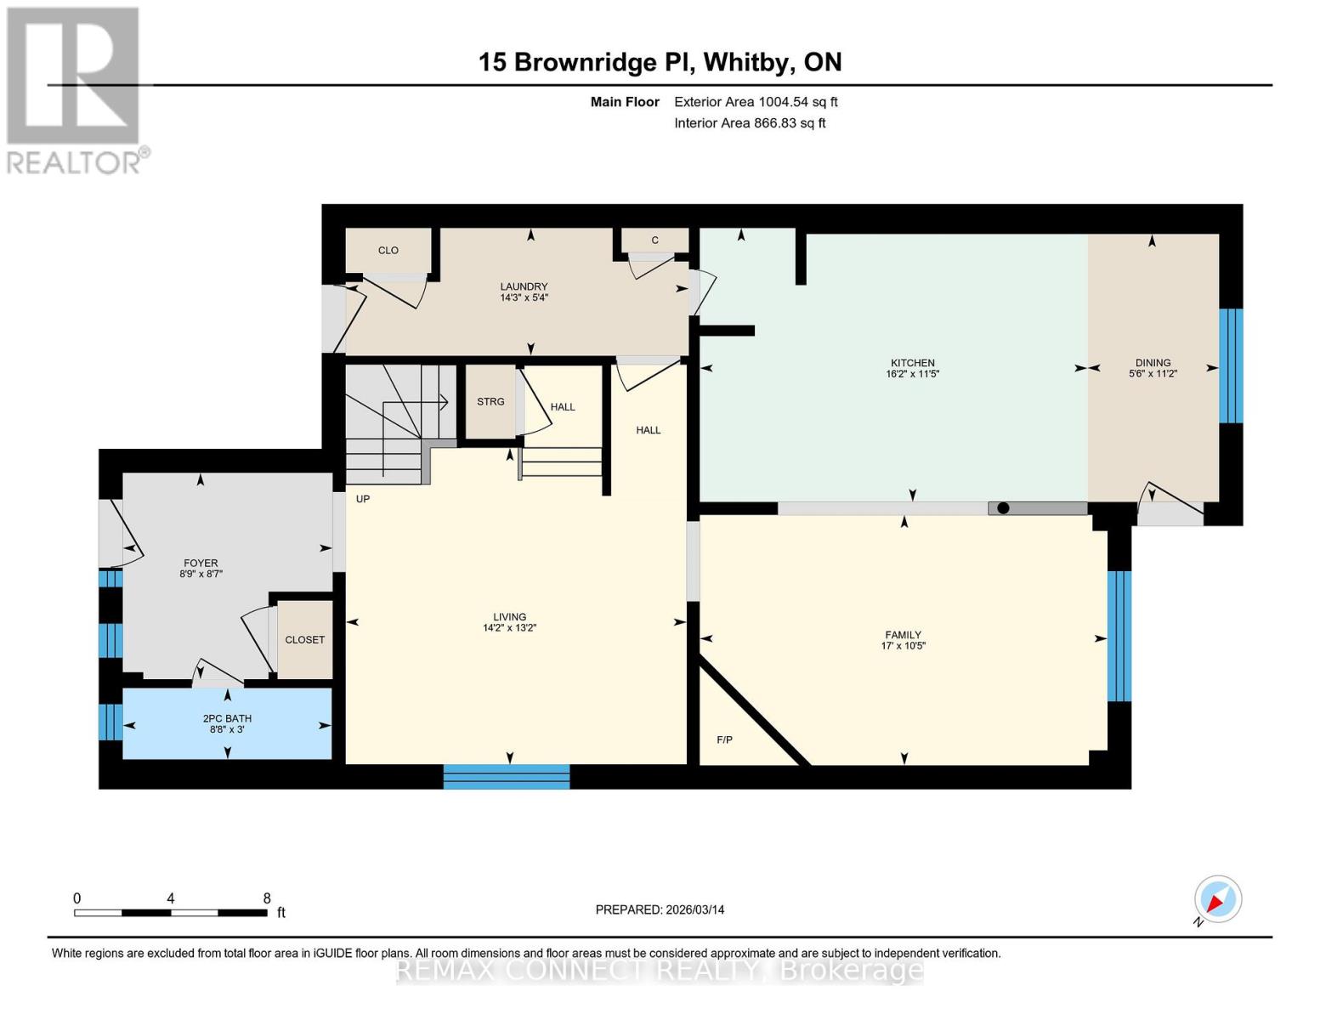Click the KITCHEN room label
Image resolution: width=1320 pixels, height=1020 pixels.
tap(912, 363)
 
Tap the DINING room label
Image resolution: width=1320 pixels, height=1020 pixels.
tap(1153, 362)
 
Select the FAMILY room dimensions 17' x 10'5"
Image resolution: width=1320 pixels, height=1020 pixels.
tap(903, 646)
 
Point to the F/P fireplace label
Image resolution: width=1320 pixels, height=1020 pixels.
tap(724, 740)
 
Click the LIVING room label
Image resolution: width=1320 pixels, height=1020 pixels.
tap(509, 617)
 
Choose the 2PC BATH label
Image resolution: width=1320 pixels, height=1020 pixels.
tap(227, 718)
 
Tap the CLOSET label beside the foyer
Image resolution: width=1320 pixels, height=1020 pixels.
tap(304, 640)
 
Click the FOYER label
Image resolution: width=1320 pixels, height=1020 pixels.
tap(201, 563)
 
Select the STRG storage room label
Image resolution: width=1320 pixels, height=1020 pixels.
tap(490, 402)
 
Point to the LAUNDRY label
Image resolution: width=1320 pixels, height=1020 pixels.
tap(524, 286)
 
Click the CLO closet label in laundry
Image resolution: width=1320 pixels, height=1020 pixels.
tap(388, 251)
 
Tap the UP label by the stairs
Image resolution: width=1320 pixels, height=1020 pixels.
tap(363, 499)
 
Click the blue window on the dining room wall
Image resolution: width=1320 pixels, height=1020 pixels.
tap(1231, 365)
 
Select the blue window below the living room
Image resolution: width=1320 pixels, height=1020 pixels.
tap(507, 777)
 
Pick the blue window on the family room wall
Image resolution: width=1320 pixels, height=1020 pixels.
tap(1119, 636)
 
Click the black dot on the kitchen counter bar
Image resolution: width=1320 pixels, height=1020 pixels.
tap(1003, 508)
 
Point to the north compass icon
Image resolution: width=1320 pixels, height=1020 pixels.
tap(1217, 899)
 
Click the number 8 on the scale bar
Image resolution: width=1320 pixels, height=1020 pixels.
tap(267, 898)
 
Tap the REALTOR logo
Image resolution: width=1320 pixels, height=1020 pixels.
tap(75, 89)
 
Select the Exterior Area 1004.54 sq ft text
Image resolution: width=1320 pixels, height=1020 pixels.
tap(756, 102)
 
